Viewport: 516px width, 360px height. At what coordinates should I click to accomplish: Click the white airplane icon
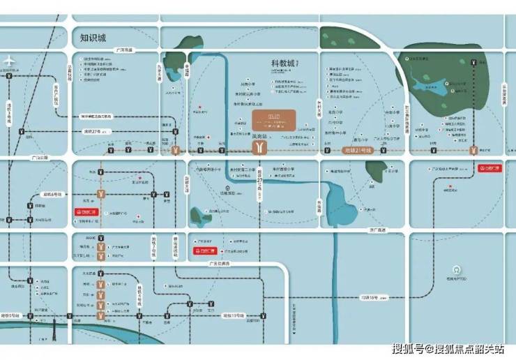click(x=8, y=60)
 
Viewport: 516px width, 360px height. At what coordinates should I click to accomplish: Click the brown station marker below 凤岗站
click(x=259, y=149)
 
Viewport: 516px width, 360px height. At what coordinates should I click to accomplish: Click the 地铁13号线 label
click(x=233, y=316)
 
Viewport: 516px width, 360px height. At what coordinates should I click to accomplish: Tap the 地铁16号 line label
click(x=367, y=298)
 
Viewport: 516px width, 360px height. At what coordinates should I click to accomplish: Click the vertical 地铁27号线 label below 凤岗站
click(x=258, y=183)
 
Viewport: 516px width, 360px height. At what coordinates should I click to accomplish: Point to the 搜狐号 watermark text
click(x=411, y=349)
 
